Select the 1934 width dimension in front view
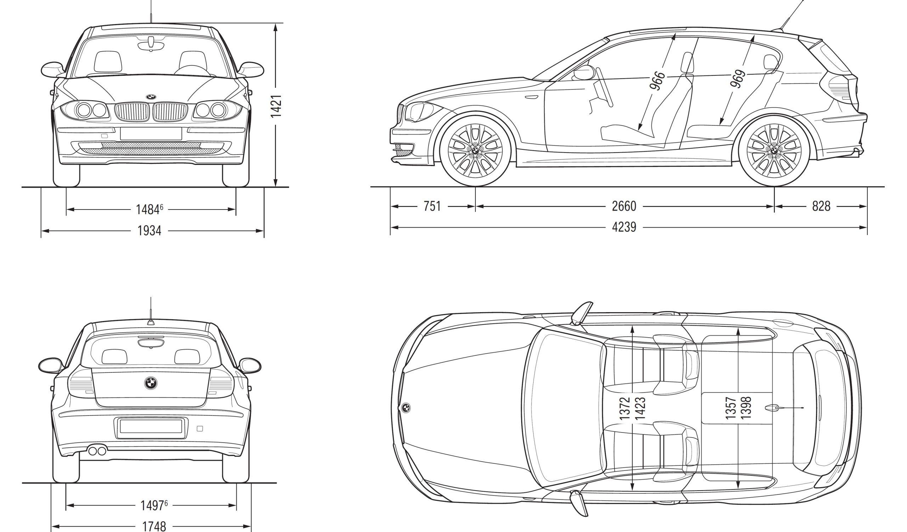(x=150, y=230)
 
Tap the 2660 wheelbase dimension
(x=624, y=206)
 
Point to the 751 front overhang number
(x=432, y=206)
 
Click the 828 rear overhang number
(x=821, y=206)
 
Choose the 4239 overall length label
(x=624, y=227)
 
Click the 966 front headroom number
(x=657, y=81)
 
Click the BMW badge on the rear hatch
(x=151, y=383)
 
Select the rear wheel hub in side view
(x=774, y=150)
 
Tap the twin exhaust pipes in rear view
(x=97, y=450)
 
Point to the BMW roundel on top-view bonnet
(x=406, y=407)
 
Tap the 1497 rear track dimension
(x=152, y=505)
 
